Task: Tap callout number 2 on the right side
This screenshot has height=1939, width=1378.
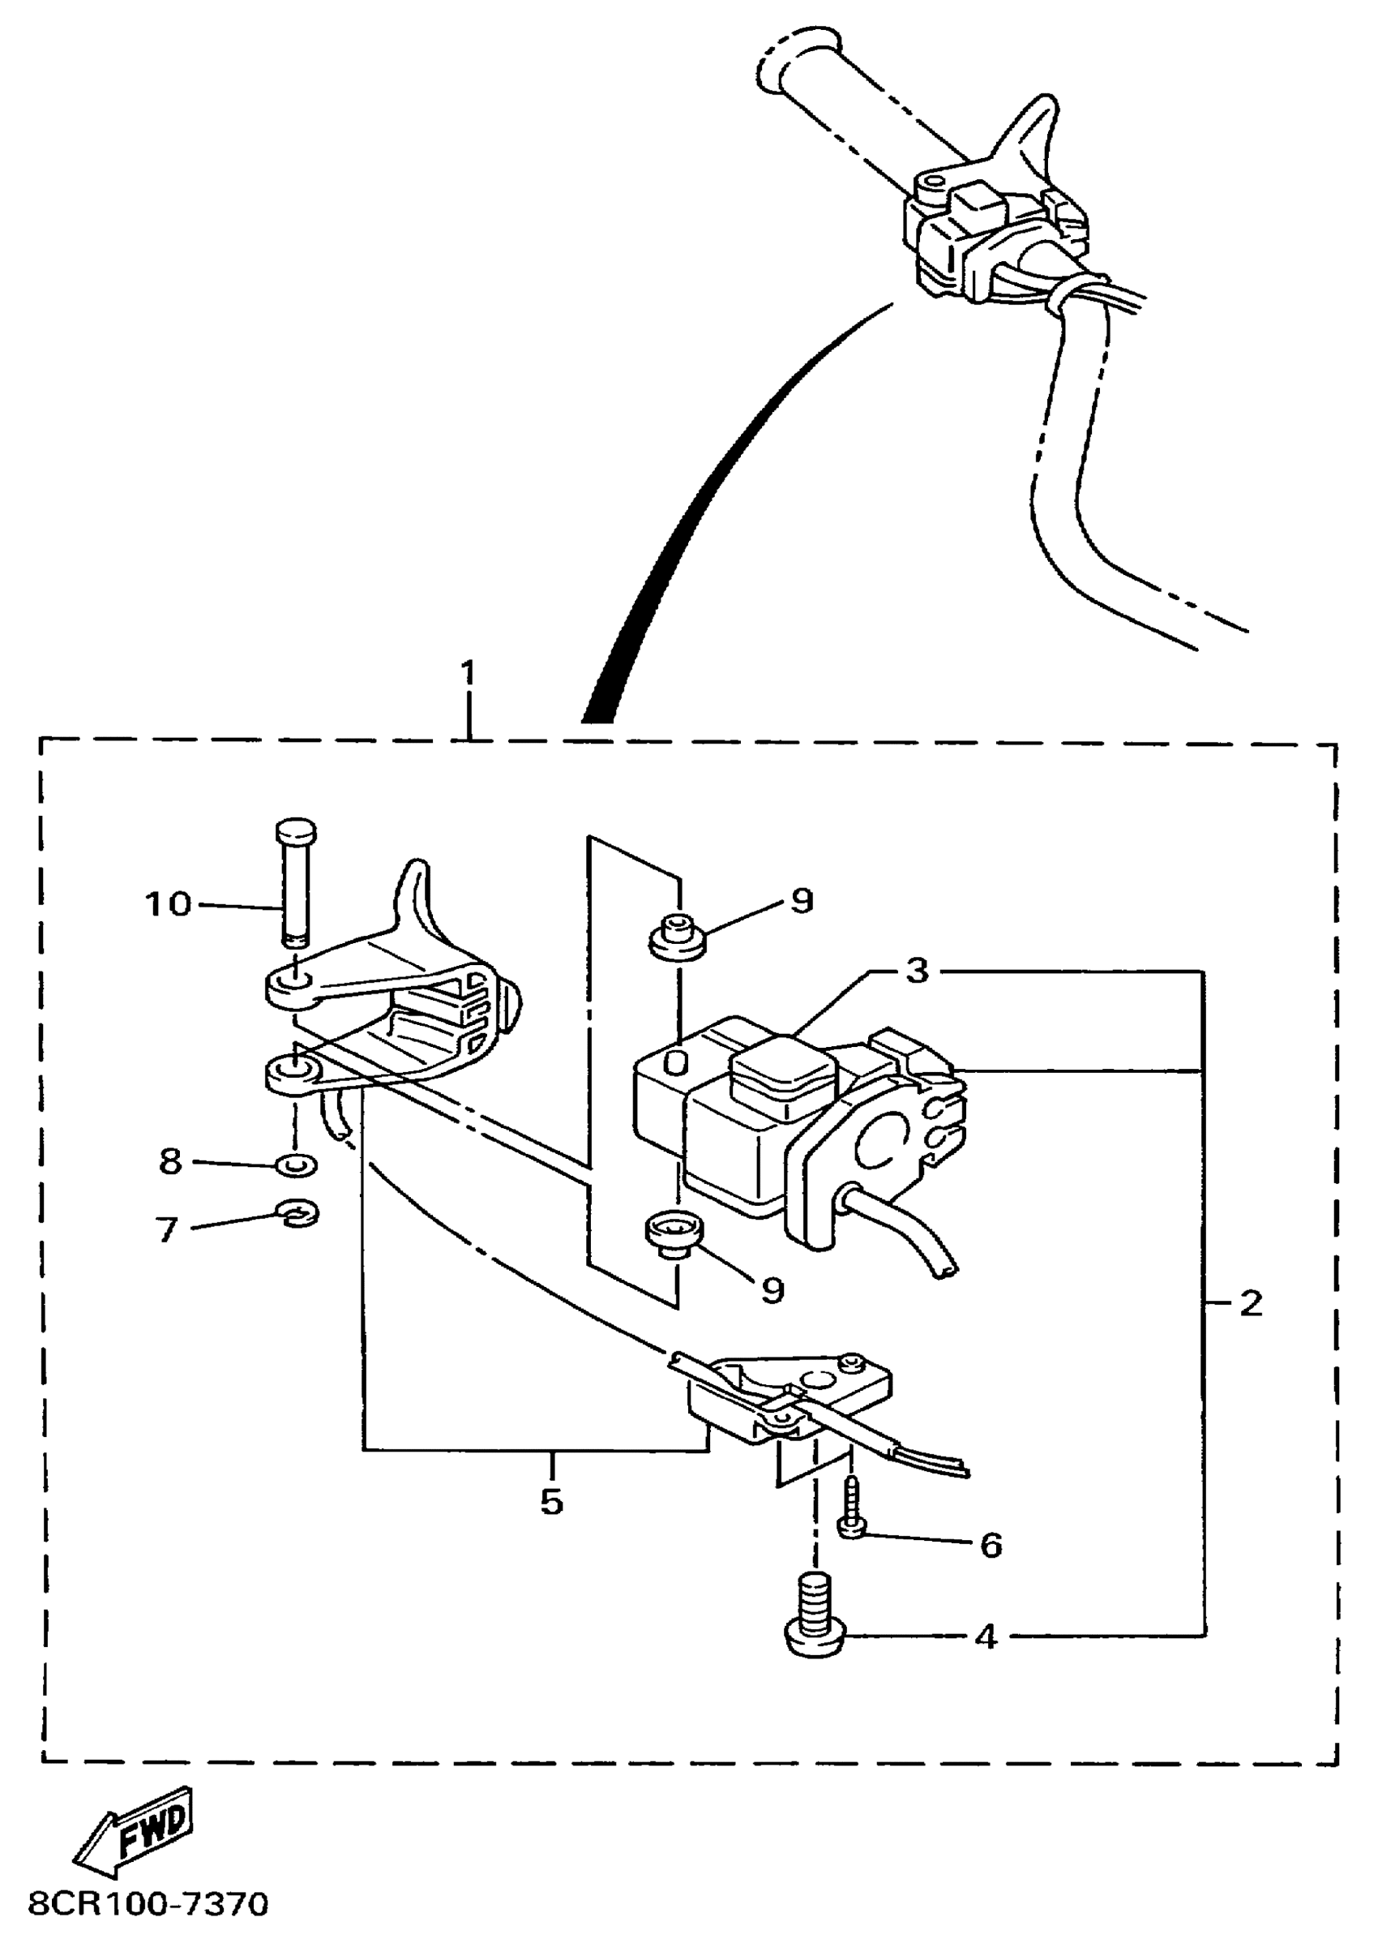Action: tap(1251, 1304)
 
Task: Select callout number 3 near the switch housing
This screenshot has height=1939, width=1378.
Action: tap(918, 971)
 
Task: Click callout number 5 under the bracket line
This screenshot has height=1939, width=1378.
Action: tap(551, 1502)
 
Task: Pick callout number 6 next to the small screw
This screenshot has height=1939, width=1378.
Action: tap(991, 1545)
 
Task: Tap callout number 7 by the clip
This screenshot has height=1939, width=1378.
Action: tap(167, 1230)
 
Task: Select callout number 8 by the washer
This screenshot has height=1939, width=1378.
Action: tap(170, 1161)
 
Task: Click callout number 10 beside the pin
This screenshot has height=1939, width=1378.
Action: tap(169, 904)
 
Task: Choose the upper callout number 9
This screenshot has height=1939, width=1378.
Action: tap(802, 901)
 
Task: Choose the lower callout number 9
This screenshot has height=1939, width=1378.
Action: tap(772, 1291)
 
